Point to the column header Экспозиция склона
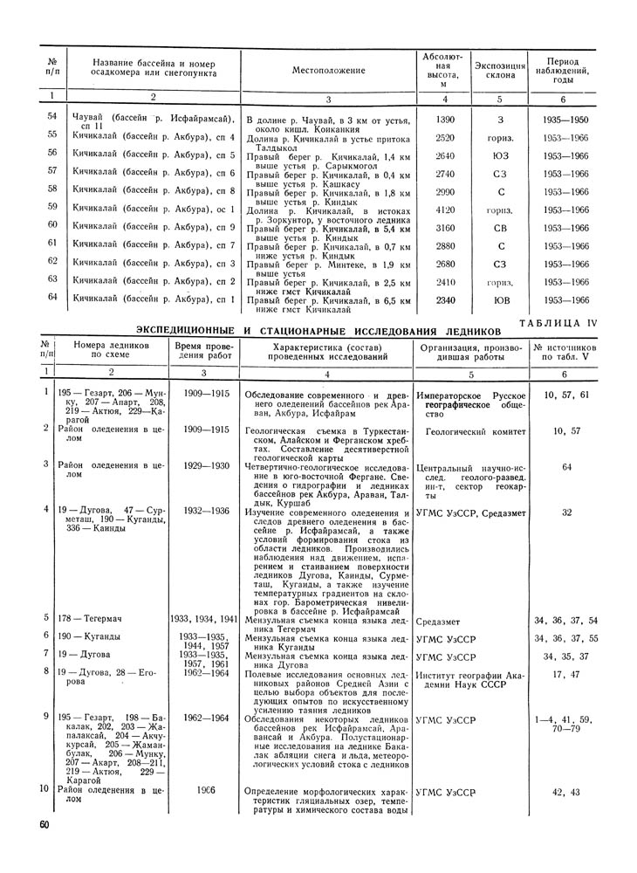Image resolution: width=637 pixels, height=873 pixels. click(x=500, y=70)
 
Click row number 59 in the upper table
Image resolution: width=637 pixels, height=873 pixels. click(x=52, y=207)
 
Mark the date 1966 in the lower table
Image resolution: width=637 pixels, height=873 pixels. click(x=206, y=790)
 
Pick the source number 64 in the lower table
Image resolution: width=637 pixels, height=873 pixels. click(x=566, y=467)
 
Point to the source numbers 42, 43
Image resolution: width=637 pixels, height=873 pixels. click(x=566, y=792)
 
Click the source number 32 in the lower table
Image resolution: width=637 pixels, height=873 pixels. click(x=566, y=512)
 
